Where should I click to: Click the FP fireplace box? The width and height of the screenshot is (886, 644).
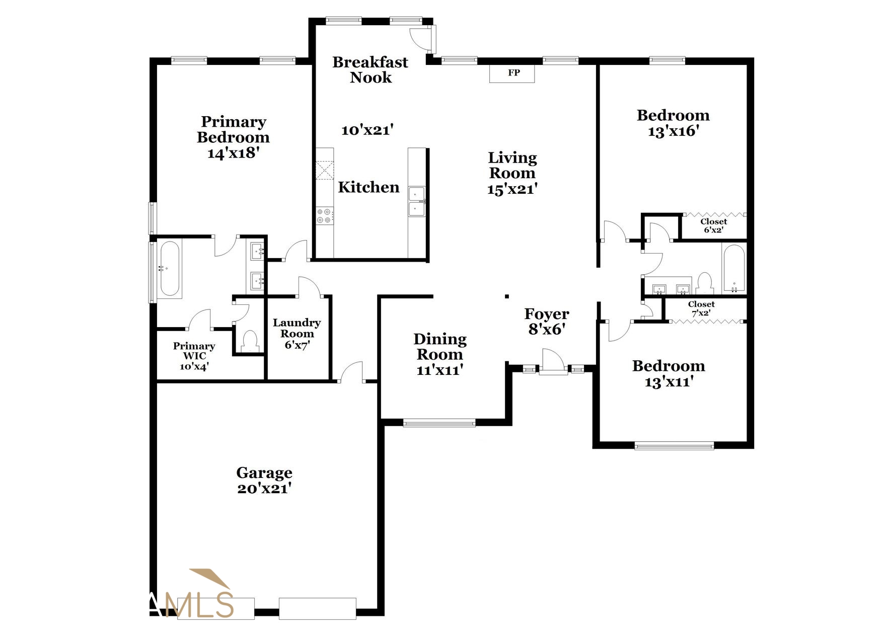pyautogui.click(x=512, y=73)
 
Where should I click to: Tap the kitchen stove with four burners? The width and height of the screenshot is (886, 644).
pyautogui.click(x=324, y=216)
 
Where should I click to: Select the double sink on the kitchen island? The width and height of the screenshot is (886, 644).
pyautogui.click(x=417, y=201)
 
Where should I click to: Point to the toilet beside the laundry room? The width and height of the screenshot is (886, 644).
pyautogui.click(x=249, y=341)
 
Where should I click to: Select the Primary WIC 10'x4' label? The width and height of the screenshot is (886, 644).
pyautogui.click(x=194, y=356)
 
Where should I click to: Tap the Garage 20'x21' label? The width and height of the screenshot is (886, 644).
pyautogui.click(x=264, y=480)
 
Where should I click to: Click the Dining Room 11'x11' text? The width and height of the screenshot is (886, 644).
pyautogui.click(x=440, y=354)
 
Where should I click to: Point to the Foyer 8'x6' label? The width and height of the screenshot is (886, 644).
pyautogui.click(x=547, y=321)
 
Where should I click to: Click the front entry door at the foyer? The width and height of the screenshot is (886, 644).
pyautogui.click(x=553, y=362)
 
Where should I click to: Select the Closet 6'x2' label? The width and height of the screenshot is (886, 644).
pyautogui.click(x=713, y=225)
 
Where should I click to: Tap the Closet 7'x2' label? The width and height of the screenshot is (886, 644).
pyautogui.click(x=701, y=308)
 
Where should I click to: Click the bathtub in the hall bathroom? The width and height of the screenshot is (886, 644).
pyautogui.click(x=733, y=269)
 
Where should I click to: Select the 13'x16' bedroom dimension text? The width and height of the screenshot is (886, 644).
pyautogui.click(x=674, y=131)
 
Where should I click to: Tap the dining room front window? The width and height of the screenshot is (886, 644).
pyautogui.click(x=439, y=423)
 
